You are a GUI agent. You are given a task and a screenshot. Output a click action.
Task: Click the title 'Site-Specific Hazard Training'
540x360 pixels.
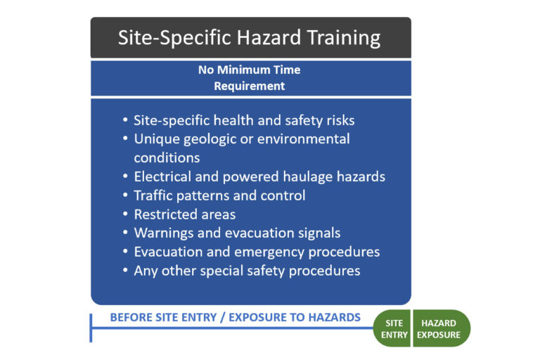click(250, 37)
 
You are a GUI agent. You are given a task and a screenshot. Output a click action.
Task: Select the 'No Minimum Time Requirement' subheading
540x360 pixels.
click(250, 78)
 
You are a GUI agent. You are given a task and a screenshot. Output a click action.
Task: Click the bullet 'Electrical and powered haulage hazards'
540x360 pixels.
click(259, 176)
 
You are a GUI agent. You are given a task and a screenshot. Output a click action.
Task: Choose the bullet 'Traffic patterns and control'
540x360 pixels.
click(219, 195)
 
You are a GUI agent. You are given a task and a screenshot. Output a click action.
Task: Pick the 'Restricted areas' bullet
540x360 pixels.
click(184, 214)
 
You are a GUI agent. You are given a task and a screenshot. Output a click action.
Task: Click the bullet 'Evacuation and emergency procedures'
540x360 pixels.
click(257, 252)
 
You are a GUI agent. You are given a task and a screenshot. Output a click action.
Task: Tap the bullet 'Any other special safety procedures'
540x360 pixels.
click(247, 271)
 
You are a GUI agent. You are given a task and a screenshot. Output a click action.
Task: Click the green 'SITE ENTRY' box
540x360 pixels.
click(393, 328)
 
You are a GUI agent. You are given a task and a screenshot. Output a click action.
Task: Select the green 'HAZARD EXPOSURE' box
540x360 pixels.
click(440, 328)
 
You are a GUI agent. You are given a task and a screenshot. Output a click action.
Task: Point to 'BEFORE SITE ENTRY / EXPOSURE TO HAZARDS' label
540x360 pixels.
click(235, 317)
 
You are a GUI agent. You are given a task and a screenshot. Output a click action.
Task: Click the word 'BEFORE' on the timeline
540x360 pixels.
click(133, 317)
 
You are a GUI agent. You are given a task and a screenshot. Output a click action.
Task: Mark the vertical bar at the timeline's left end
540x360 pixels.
click(91, 328)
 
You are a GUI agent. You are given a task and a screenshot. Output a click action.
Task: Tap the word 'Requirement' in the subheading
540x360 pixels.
click(250, 86)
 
